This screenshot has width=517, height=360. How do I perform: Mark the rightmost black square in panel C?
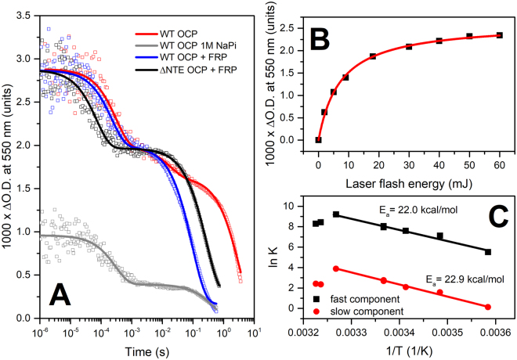pyautogui.click(x=488, y=252)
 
